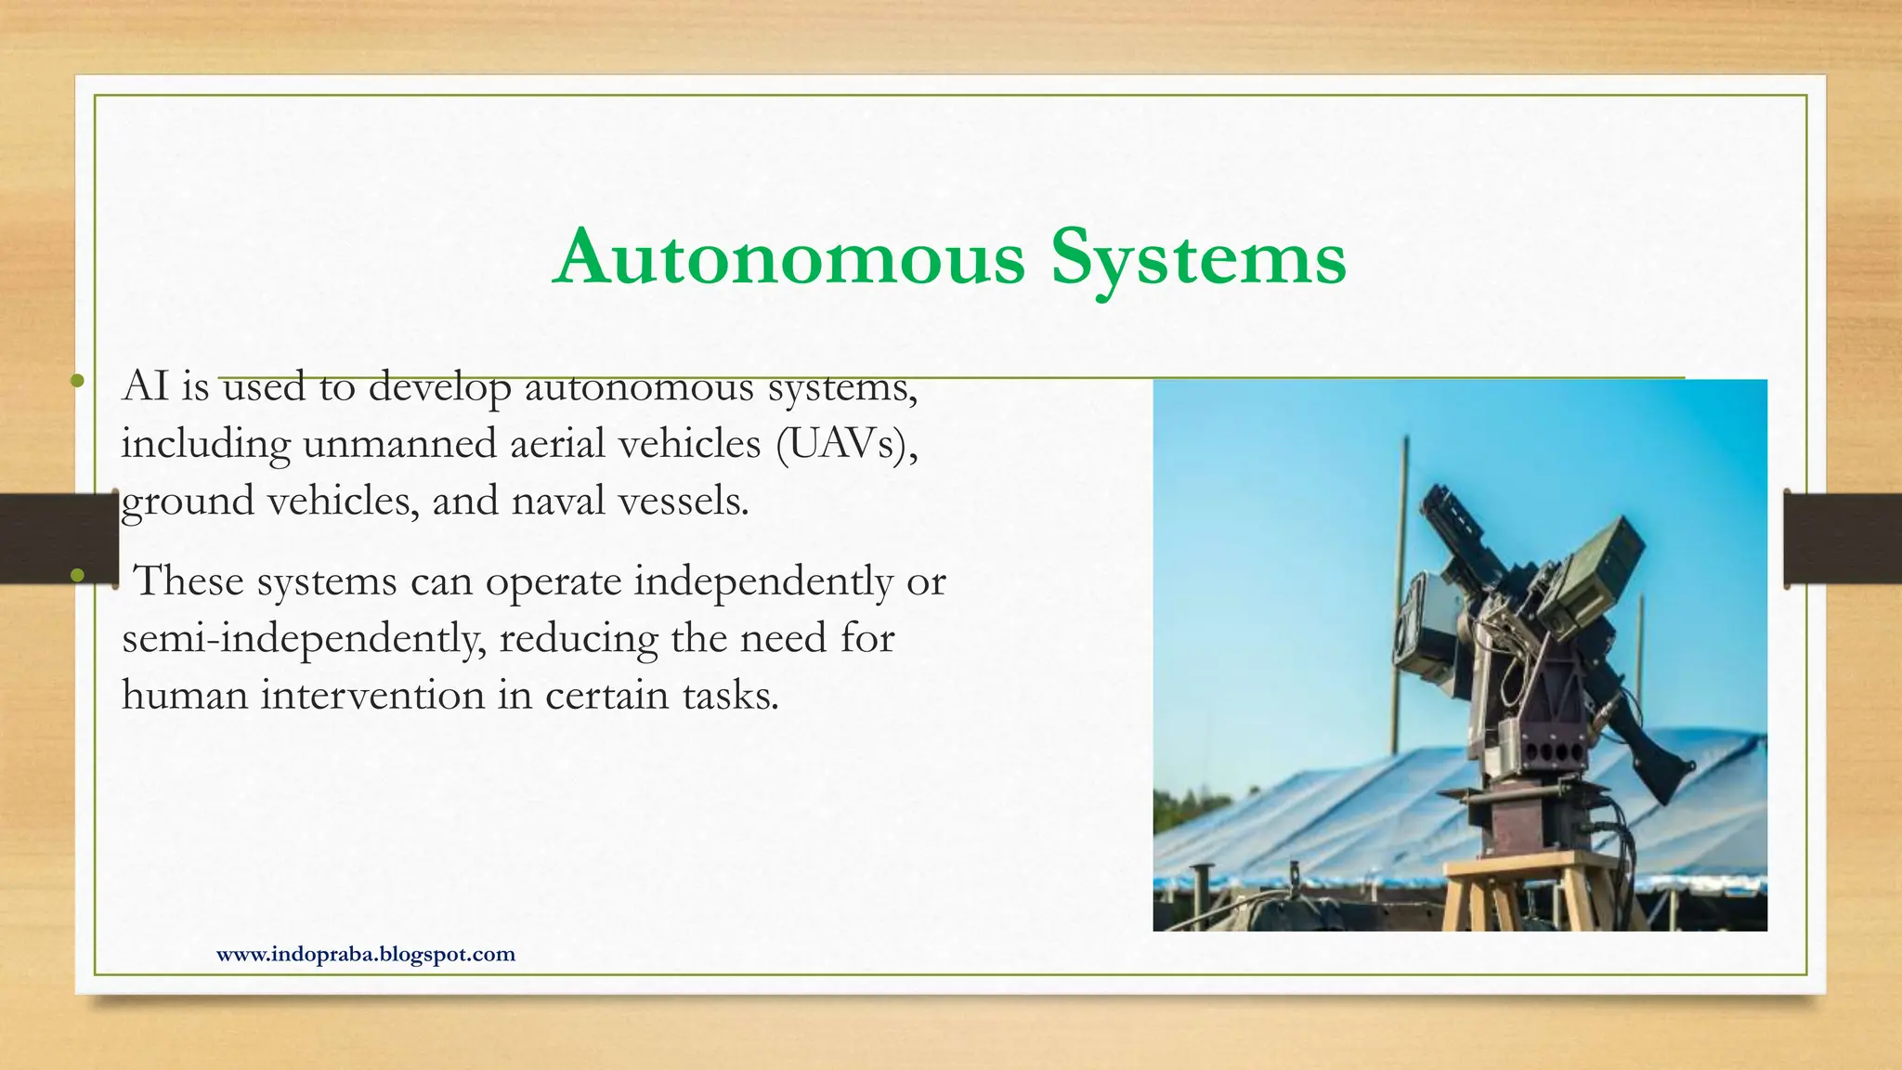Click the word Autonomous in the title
coord(789,257)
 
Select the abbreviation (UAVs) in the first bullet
coord(846,444)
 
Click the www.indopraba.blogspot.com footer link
coord(365,954)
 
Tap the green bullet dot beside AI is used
coord(77,381)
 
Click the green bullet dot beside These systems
coord(77,576)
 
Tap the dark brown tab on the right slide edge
coord(1843,540)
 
